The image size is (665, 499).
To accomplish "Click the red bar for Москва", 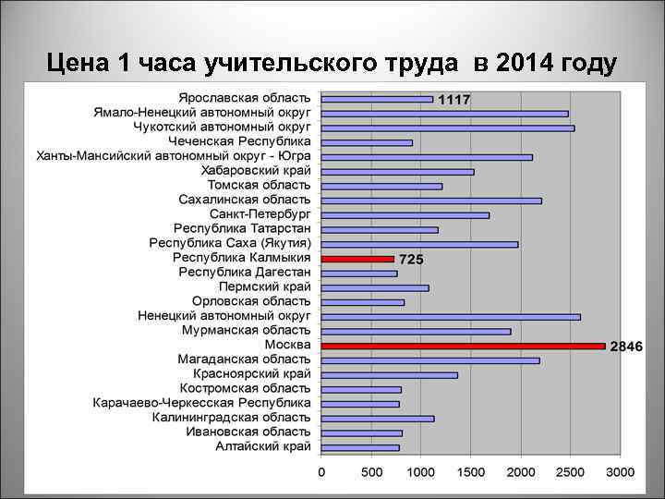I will click(x=463, y=346).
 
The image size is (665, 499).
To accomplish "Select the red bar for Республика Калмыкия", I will click(x=357, y=259).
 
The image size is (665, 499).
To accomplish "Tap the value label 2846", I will click(x=625, y=346).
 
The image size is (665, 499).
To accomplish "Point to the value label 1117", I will click(x=453, y=99).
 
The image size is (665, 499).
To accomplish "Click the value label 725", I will click(x=411, y=260).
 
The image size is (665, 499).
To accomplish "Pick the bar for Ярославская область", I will click(x=377, y=99).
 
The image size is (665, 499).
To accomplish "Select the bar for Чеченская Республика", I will click(x=367, y=142).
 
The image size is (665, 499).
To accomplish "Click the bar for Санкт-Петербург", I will click(x=405, y=215).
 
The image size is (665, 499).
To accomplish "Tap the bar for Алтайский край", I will click(x=360, y=447).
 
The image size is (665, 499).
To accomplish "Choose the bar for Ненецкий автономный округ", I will click(x=451, y=317).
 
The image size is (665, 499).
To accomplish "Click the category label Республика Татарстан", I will click(x=242, y=229).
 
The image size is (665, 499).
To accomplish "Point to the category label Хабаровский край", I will click(x=256, y=171).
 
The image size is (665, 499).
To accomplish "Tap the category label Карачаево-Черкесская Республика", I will click(x=201, y=403).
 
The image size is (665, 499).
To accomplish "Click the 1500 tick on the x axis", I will click(x=471, y=473).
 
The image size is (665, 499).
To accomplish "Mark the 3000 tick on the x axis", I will click(x=621, y=473).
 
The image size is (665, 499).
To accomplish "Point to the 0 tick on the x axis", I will click(x=321, y=473).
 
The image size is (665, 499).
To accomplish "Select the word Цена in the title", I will click(x=78, y=64).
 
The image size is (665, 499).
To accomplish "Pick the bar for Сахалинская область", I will click(x=431, y=201).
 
